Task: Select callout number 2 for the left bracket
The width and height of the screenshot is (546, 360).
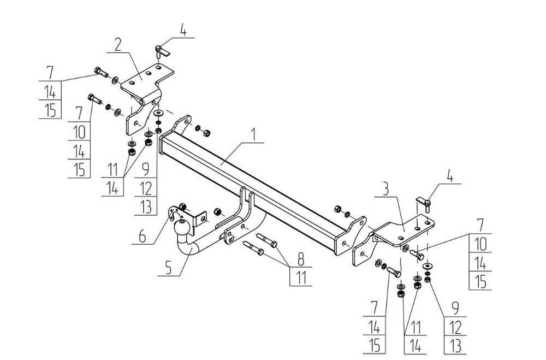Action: click(x=118, y=45)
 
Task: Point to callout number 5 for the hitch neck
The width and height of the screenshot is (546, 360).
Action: click(x=169, y=268)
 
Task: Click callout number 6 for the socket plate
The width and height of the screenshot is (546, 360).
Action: click(x=143, y=237)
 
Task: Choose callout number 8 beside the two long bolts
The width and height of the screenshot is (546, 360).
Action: click(x=301, y=259)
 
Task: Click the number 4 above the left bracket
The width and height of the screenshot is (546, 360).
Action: click(x=183, y=29)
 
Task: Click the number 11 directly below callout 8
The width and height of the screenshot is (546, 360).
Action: click(x=301, y=278)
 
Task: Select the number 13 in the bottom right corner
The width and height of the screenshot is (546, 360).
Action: click(x=455, y=346)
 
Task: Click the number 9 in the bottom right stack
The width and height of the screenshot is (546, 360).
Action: click(x=455, y=309)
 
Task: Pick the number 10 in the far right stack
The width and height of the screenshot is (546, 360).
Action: click(x=480, y=244)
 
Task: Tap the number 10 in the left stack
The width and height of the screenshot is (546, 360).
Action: click(x=79, y=132)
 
